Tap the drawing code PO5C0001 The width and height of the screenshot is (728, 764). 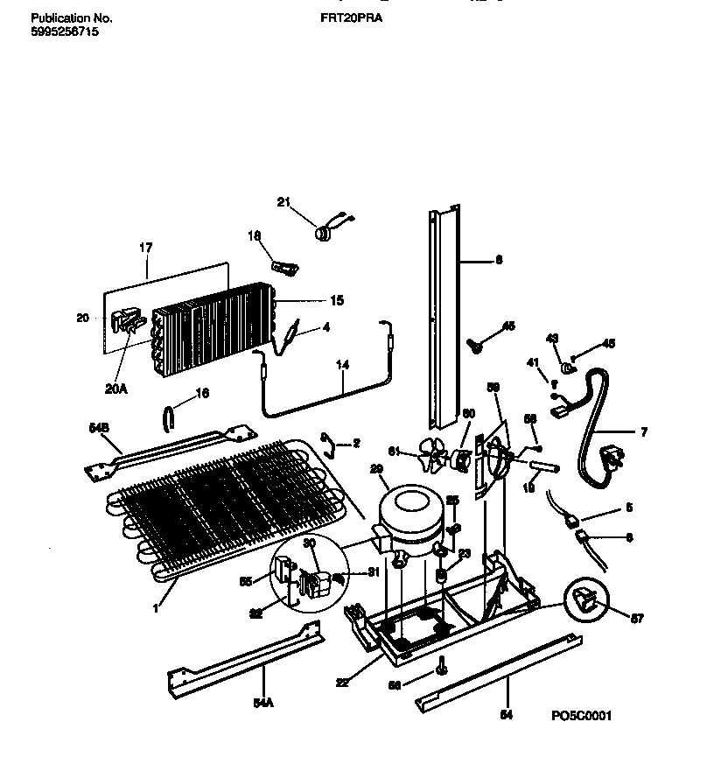pyautogui.click(x=581, y=716)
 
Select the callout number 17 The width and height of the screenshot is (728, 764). pyautogui.click(x=144, y=249)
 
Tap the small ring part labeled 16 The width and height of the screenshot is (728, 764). pyautogui.click(x=167, y=419)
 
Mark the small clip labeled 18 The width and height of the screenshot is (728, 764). pyautogui.click(x=283, y=264)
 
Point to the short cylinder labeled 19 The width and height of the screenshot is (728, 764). pyautogui.click(x=545, y=470)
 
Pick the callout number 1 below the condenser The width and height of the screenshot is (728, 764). pyautogui.click(x=156, y=607)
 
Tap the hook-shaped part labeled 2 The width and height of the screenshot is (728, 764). pyautogui.click(x=327, y=443)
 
